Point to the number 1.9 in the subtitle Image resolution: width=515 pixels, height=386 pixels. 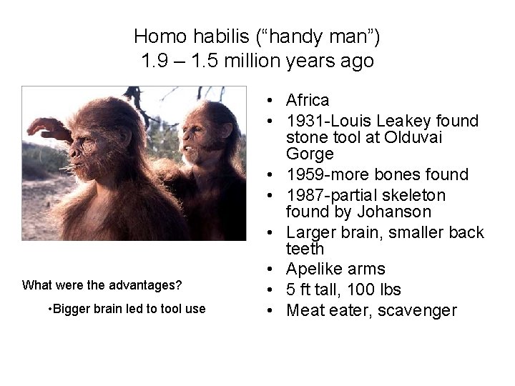(154, 61)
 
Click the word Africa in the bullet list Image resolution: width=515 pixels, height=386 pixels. (308, 100)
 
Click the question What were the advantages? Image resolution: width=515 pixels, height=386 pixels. (102, 285)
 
